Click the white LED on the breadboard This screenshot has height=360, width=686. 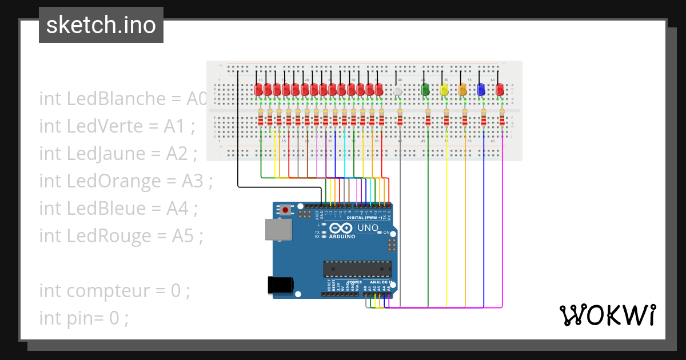[398, 90]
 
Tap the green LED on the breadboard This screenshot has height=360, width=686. [425, 90]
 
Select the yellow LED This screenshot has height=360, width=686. [444, 90]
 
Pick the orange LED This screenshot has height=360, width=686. [463, 90]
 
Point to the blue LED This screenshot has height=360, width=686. [481, 90]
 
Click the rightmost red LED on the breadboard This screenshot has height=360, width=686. [500, 90]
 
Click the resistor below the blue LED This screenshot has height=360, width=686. [484, 119]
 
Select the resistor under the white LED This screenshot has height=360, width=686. [400, 119]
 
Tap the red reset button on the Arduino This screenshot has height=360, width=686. [285, 210]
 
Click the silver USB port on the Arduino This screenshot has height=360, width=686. [278, 229]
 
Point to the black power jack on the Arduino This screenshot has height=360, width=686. [281, 285]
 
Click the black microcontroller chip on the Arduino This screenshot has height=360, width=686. [357, 269]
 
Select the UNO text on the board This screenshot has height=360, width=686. [368, 228]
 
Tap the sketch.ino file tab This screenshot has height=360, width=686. [101, 25]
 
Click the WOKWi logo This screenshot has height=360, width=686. [607, 315]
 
